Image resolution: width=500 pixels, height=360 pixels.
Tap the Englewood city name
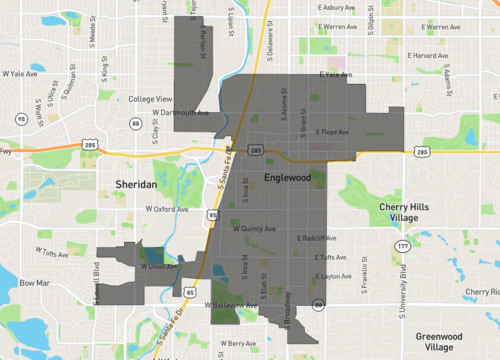[288, 177]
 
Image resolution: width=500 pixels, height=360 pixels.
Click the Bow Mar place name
[34, 283]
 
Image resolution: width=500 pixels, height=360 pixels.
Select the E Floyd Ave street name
[333, 131]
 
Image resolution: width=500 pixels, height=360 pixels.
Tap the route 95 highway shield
[21, 119]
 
